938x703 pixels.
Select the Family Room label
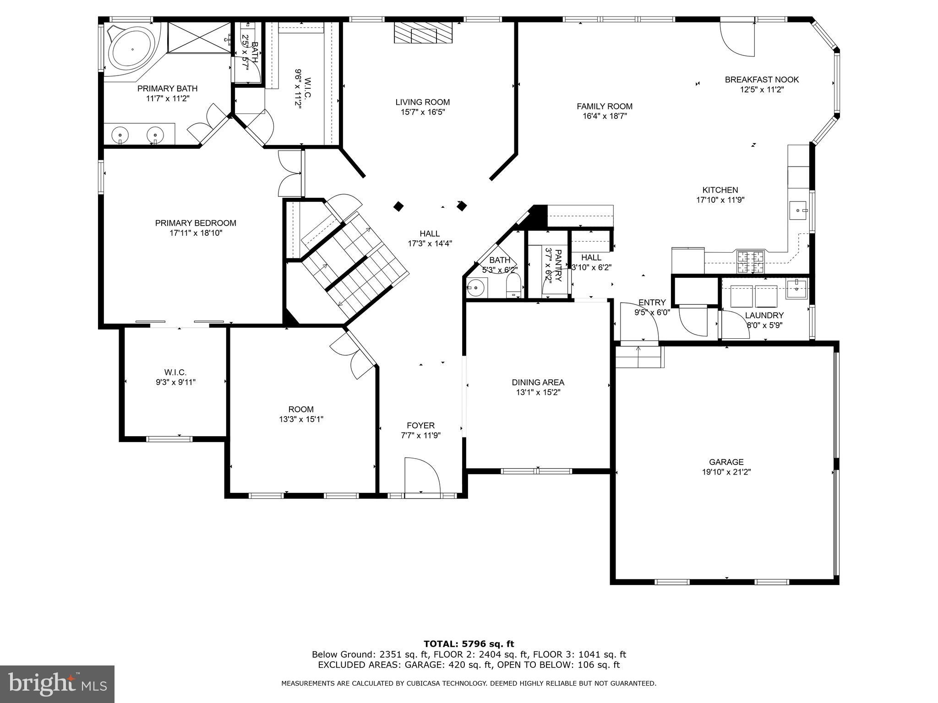(604, 106)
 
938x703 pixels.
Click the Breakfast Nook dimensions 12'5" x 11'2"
(762, 90)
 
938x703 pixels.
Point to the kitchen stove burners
(750, 262)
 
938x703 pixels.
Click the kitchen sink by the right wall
(798, 210)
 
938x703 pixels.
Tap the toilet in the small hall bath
(513, 287)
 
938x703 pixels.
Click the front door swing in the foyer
(422, 476)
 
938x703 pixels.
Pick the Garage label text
(726, 462)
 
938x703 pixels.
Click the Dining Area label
(538, 382)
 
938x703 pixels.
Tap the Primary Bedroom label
(196, 223)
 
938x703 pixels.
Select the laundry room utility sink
(797, 288)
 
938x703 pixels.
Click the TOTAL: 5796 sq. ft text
(469, 644)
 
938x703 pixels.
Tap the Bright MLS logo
(57, 684)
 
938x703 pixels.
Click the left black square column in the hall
(398, 206)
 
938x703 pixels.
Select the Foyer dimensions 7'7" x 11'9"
(420, 435)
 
